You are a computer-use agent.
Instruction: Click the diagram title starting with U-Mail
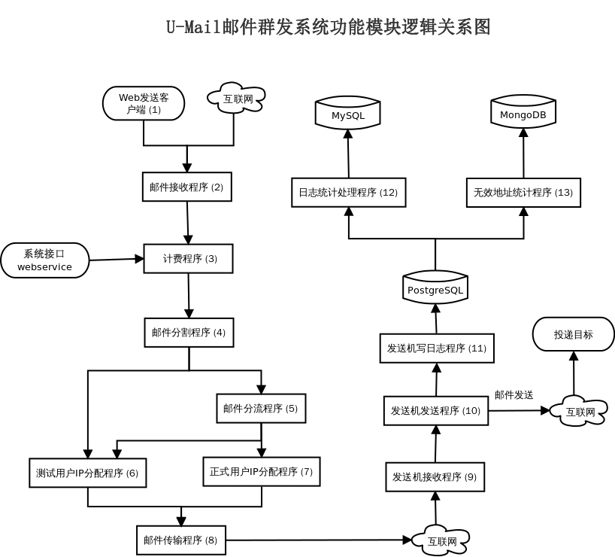point(328,28)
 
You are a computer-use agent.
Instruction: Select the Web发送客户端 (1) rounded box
point(143,104)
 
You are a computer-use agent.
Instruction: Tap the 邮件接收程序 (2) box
point(186,187)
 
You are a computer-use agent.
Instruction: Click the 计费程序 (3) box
point(189,259)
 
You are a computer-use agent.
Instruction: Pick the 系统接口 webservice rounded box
point(45,260)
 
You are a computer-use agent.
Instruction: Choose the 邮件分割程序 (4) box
point(189,332)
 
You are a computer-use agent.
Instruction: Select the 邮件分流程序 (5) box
point(260,409)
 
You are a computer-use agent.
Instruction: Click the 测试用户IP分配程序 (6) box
point(87,473)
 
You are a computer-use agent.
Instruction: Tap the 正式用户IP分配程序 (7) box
point(261,472)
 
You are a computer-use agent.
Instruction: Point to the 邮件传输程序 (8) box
point(180,540)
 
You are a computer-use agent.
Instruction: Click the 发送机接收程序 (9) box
point(435,477)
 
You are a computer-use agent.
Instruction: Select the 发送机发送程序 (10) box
point(435,410)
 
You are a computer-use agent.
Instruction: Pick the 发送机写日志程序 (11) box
point(436,349)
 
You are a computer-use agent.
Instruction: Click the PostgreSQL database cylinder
point(435,288)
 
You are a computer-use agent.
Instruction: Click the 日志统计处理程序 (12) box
point(348,193)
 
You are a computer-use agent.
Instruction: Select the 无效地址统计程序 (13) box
point(523,193)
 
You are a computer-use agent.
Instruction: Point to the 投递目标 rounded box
point(574,334)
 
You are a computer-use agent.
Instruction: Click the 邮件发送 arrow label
point(514,394)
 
